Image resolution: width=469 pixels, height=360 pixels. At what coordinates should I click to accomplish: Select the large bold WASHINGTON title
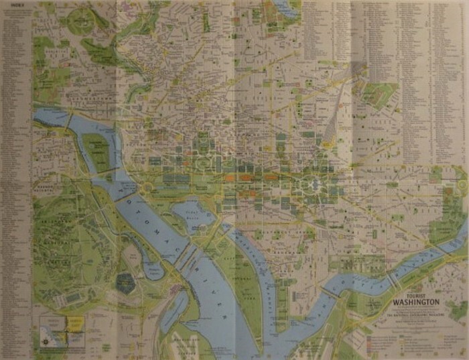tap(416, 301)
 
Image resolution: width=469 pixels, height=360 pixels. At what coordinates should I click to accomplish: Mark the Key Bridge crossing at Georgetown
tap(69, 120)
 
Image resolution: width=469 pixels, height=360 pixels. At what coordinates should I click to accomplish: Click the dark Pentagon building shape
tap(125, 282)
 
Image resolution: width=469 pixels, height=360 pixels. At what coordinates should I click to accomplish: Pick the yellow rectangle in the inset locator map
tap(74, 324)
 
